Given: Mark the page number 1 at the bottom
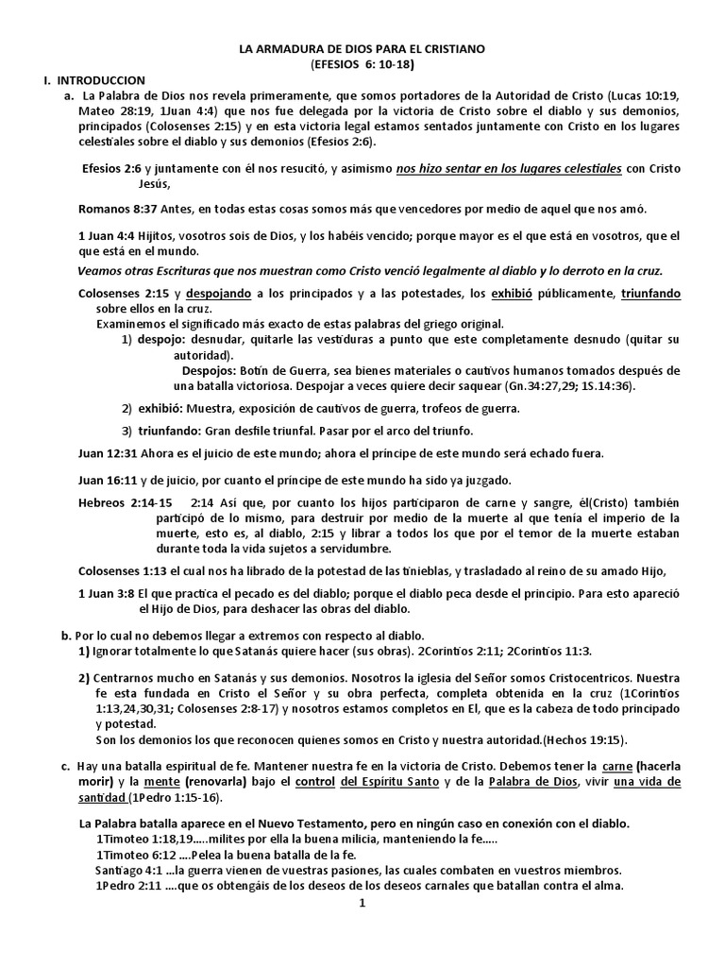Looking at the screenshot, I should (362, 902).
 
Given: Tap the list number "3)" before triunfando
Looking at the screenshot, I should (126, 429).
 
